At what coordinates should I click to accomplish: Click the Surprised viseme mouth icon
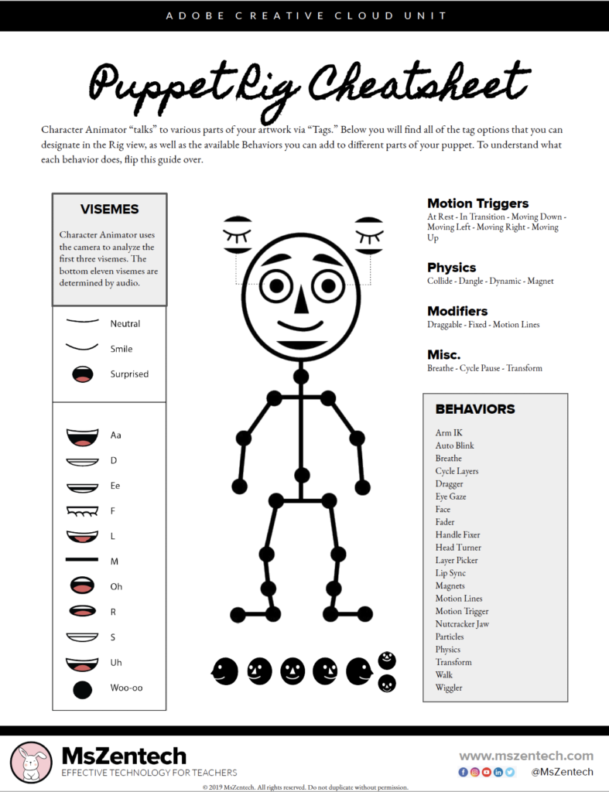pos(82,374)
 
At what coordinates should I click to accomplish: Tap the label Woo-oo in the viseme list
pos(126,688)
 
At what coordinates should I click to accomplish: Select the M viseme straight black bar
pos(82,559)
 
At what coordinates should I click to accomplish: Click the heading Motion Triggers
pos(477,203)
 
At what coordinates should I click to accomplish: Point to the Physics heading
pos(451,268)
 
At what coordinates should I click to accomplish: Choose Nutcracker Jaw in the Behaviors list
pos(462,624)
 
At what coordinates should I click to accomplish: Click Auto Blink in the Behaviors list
pos(454,445)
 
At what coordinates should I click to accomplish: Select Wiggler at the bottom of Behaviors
pos(449,688)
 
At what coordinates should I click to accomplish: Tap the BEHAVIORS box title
pos(474,409)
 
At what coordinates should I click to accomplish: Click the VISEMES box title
pos(109,210)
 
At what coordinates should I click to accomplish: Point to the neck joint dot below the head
pos(301,376)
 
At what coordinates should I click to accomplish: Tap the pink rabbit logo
pos(32,762)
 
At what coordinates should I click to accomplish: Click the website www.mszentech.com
pos(526,756)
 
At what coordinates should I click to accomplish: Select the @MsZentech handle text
pos(562,772)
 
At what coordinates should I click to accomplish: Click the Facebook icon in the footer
pos(464,772)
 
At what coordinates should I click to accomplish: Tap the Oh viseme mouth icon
pos(82,585)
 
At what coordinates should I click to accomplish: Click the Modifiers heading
pos(457,311)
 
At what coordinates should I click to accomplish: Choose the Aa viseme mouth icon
pos(82,436)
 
